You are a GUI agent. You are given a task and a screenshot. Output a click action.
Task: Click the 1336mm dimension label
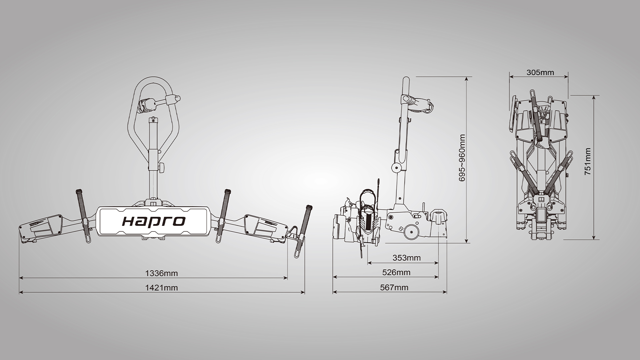pos(161,273)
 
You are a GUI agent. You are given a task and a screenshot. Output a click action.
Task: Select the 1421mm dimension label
pos(161,288)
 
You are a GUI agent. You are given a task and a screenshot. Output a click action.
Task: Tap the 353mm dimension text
pos(406,258)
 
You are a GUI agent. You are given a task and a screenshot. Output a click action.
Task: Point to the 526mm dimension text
pos(396,272)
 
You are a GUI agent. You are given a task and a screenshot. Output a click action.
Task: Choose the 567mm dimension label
pos(394,287)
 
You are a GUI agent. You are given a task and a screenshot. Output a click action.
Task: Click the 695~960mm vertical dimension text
pos(462,158)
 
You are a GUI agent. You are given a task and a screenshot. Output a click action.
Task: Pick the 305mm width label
pos(540,72)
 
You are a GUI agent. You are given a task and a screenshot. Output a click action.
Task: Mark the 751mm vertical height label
pos(588,161)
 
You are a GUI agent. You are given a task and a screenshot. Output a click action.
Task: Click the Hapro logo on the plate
pos(154,221)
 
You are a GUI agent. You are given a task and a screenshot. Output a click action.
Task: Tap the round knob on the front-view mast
pos(162,167)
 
